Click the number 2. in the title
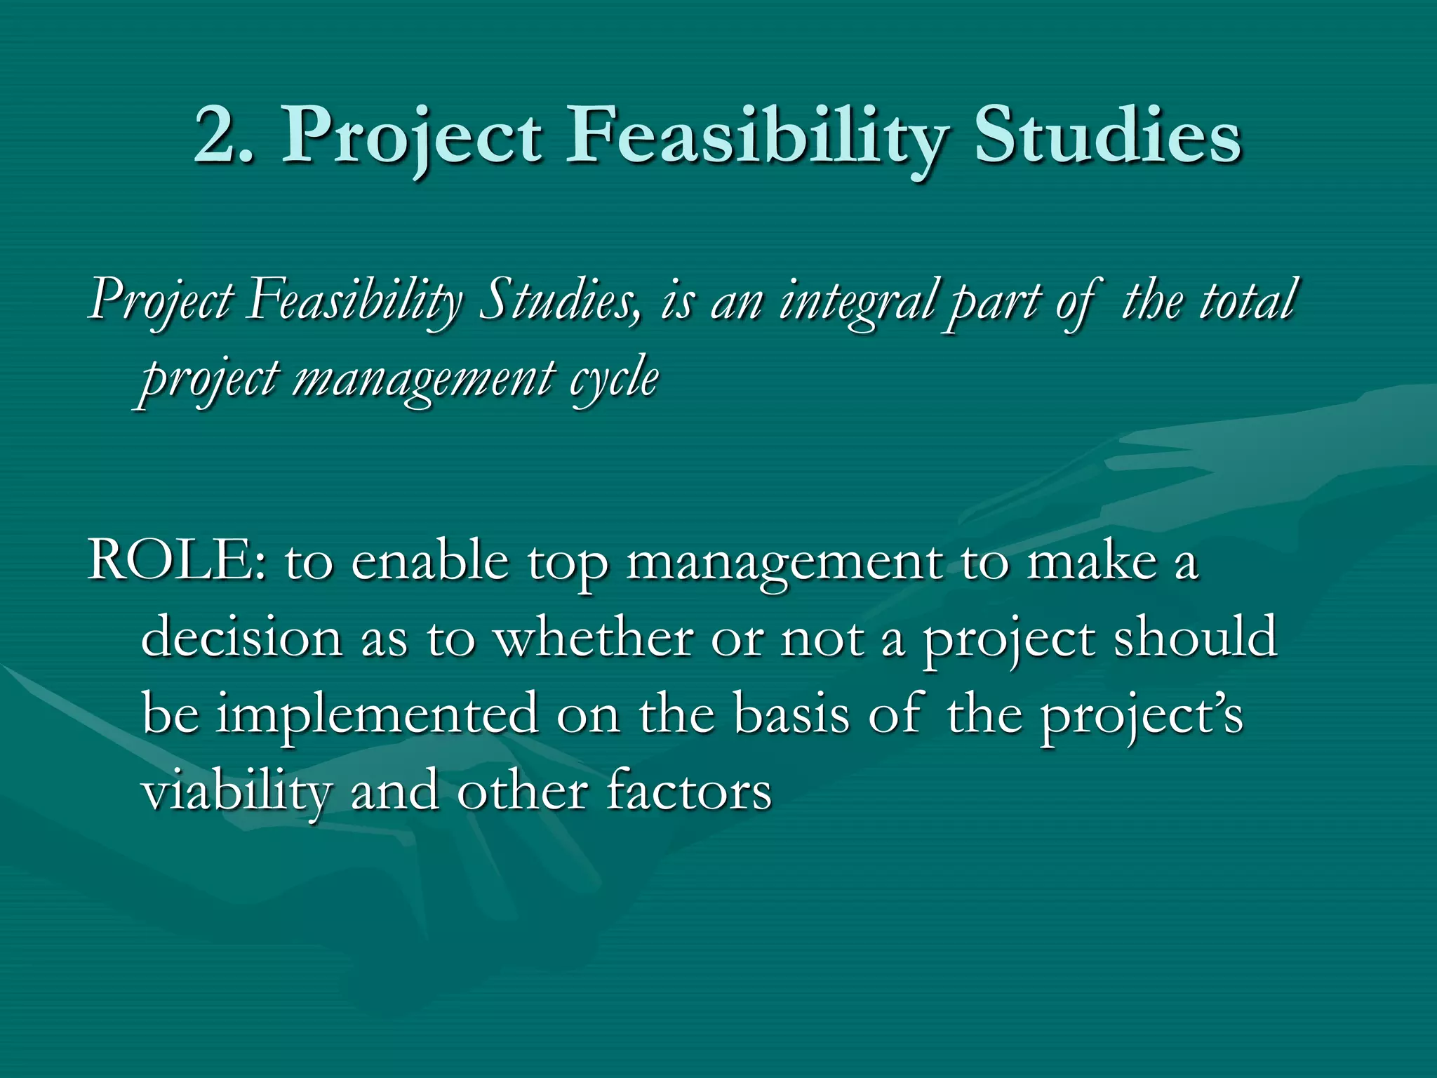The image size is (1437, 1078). pyautogui.click(x=223, y=135)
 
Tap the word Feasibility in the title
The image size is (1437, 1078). pyautogui.click(x=756, y=135)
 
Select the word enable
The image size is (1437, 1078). pyautogui.click(x=429, y=561)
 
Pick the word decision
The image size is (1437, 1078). pyautogui.click(x=241, y=639)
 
